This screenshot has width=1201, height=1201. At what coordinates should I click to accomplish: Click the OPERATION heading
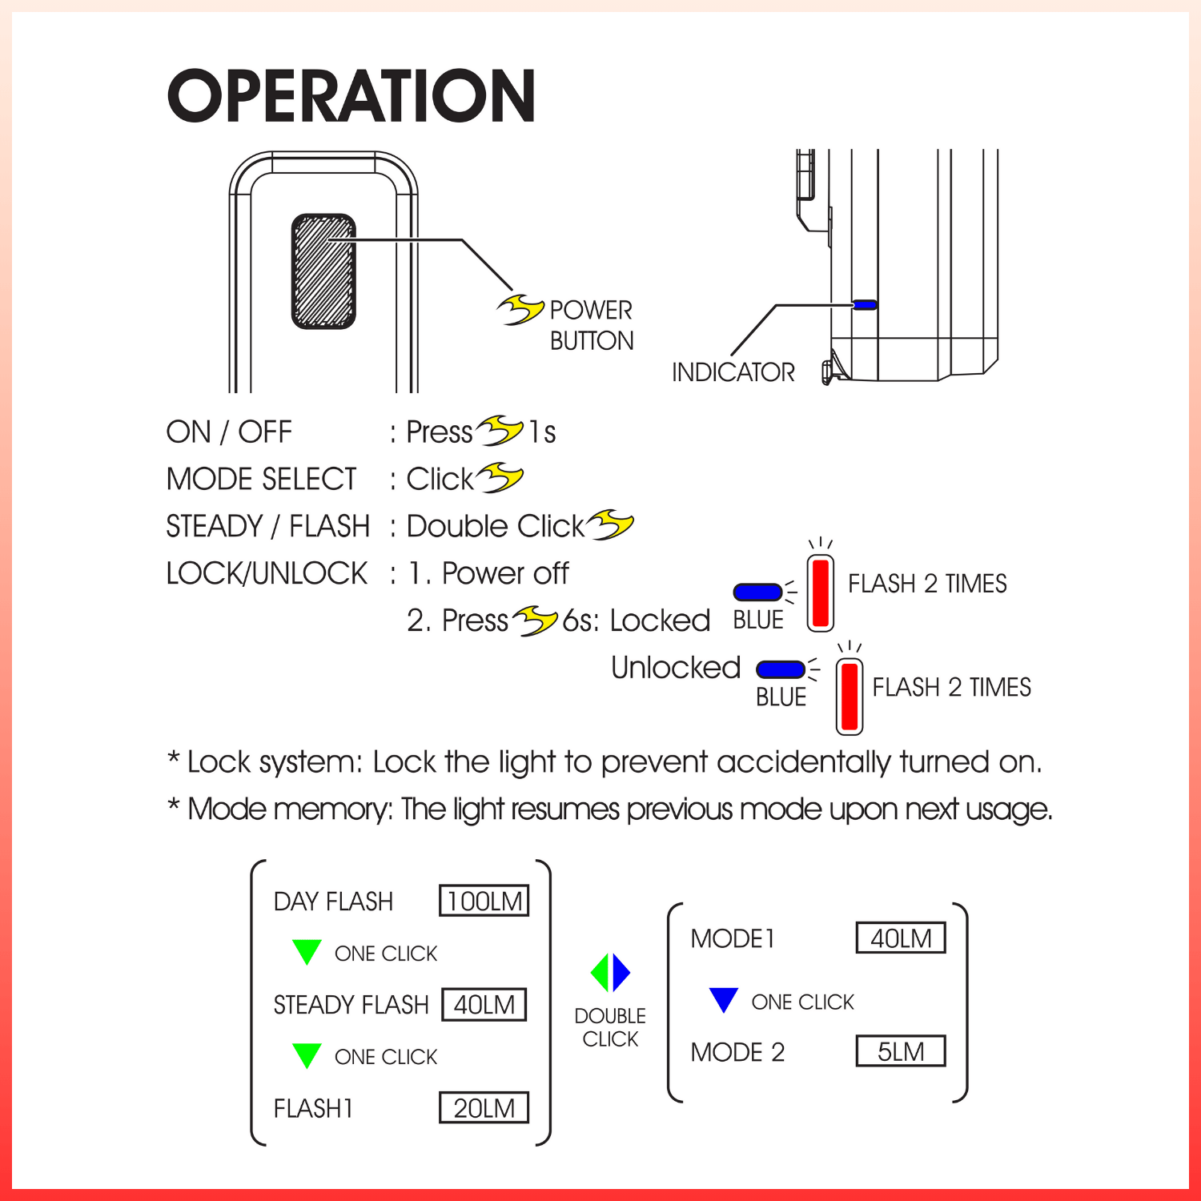[x=351, y=96]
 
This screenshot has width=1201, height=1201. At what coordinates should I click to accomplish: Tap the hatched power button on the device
[x=323, y=271]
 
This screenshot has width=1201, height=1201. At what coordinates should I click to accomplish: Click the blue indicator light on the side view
[x=865, y=304]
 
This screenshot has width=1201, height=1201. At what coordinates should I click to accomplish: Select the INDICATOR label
[x=733, y=372]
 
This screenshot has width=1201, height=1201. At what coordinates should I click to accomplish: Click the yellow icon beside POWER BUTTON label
[x=520, y=309]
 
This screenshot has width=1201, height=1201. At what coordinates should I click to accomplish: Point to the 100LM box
[x=484, y=901]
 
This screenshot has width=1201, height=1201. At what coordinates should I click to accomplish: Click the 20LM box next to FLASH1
[x=484, y=1108]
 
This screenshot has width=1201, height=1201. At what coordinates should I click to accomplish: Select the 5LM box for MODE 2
[x=901, y=1051]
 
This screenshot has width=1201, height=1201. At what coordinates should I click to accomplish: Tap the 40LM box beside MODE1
[x=901, y=938]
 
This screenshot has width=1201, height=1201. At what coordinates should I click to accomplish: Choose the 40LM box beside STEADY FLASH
[x=484, y=1005]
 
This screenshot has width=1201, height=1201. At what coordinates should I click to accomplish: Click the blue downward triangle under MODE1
[x=723, y=999]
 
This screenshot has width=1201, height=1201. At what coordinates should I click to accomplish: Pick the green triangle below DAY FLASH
[x=307, y=951]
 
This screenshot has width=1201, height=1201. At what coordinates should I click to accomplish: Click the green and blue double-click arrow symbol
[x=610, y=973]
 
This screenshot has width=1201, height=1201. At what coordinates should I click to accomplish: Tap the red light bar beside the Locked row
[x=820, y=593]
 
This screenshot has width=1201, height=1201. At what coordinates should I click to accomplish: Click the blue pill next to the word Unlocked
[x=780, y=669]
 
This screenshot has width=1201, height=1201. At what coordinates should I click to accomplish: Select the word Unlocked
[x=675, y=668]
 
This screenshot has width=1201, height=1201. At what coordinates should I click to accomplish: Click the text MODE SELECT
[x=261, y=480]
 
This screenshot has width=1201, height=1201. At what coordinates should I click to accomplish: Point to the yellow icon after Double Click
[x=610, y=525]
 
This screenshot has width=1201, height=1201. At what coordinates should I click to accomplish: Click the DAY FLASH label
[x=333, y=902]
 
